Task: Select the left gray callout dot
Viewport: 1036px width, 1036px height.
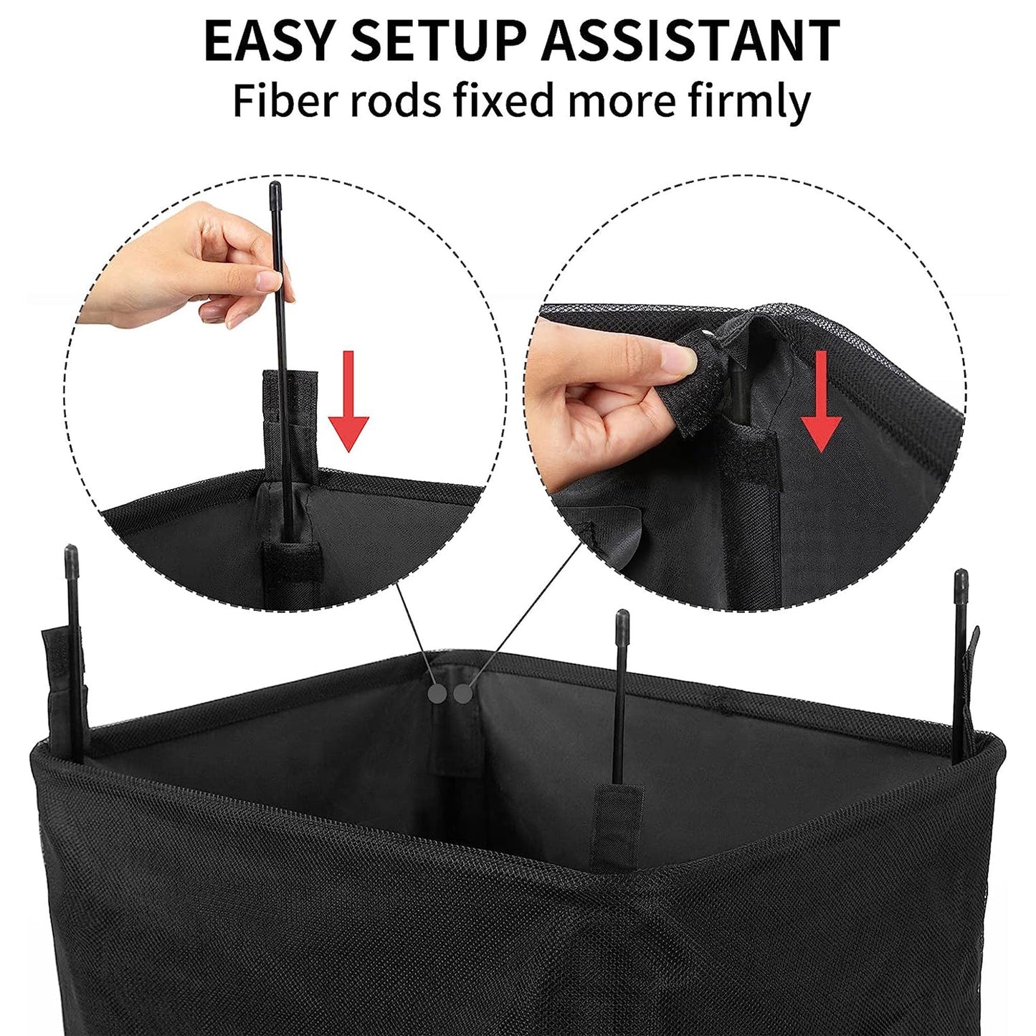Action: tap(436, 693)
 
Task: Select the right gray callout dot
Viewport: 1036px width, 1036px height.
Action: tap(463, 693)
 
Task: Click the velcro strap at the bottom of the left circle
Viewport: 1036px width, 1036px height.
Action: tap(289, 566)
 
